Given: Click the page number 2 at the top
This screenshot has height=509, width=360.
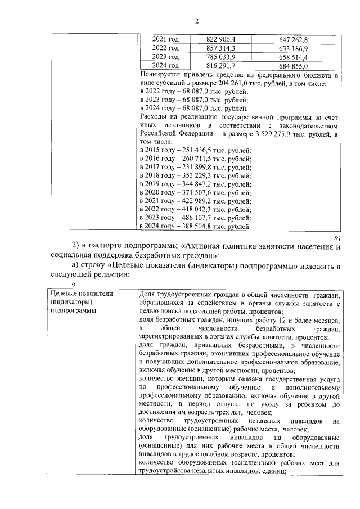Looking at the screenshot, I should point(197,21).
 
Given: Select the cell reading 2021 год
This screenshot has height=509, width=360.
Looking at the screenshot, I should point(165,39).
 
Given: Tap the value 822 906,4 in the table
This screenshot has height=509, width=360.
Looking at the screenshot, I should point(221,39).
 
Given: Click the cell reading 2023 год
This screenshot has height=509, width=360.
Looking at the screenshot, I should point(165,57).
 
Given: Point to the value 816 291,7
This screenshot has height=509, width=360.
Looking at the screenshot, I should point(221,66).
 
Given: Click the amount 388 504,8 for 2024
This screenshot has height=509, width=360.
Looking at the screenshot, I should point(197,227).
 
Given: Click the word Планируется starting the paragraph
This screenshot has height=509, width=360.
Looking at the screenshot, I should point(161,74).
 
